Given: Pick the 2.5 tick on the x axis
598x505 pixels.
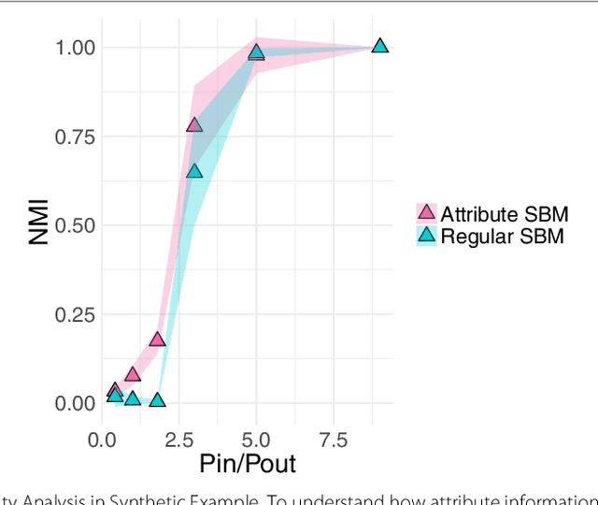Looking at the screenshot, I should (179, 440).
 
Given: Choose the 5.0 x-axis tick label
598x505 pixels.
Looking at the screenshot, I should (256, 440).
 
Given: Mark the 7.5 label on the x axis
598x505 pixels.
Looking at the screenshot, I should (333, 440).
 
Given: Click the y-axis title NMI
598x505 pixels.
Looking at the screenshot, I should (38, 225).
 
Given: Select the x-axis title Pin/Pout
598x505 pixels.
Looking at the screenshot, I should (248, 464).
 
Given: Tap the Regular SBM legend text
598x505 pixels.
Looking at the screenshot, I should (502, 237).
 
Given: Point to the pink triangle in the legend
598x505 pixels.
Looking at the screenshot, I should (426, 213).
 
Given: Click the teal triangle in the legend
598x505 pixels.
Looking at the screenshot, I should (426, 237).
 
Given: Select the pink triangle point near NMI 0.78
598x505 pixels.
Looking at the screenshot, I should (194, 124).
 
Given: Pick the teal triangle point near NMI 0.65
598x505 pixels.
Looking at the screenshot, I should (194, 171).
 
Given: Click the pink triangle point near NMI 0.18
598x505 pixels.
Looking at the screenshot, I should (157, 339).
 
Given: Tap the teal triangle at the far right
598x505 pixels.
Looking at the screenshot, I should (379, 46).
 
